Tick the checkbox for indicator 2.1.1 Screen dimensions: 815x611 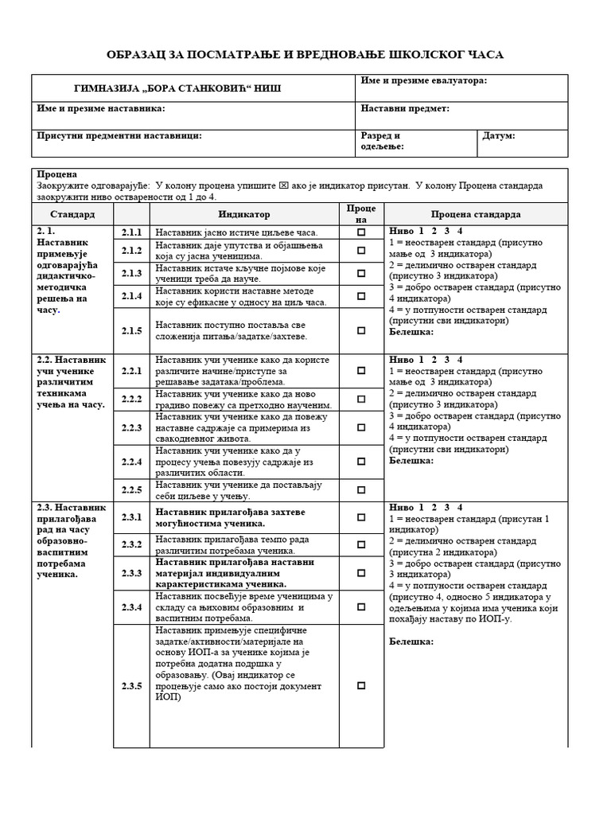[361, 232]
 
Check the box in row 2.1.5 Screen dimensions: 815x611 [361, 330]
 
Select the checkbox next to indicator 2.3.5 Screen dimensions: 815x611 [361, 685]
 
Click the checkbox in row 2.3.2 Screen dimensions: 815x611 [361, 544]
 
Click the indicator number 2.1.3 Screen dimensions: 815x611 [131, 273]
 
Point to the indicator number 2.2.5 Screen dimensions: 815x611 [131, 489]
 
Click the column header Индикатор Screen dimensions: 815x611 [244, 214]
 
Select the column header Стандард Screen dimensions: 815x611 [72, 214]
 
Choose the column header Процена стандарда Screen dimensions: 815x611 [476, 214]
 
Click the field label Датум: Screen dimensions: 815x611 [499, 136]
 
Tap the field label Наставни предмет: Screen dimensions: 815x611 [405, 108]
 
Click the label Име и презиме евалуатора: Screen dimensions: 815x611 [423, 81]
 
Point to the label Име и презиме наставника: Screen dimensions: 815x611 [101, 108]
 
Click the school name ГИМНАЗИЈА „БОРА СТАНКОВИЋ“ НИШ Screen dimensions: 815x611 [177, 88]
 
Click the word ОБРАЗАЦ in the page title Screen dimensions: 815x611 [144, 53]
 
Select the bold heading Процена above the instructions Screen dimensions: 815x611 [56, 174]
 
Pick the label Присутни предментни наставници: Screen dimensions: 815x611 [119, 136]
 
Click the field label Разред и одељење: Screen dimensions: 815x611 [382, 141]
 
